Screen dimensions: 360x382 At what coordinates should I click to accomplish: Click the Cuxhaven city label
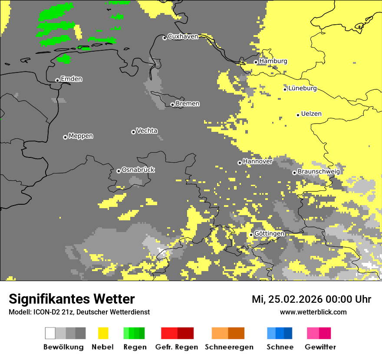[183, 36]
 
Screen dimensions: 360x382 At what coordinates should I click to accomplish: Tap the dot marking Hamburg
[256, 62]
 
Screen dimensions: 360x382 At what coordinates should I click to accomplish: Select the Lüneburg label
[302, 88]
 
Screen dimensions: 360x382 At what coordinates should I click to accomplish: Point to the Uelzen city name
[311, 114]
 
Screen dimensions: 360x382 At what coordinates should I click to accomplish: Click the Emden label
[71, 79]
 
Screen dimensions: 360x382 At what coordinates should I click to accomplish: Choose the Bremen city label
[188, 104]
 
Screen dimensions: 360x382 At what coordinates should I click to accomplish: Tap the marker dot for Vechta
[133, 132]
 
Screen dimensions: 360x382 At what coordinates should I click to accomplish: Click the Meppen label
[81, 136]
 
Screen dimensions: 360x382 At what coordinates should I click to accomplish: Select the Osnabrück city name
[138, 170]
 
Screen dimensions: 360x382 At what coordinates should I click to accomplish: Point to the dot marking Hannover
[240, 163]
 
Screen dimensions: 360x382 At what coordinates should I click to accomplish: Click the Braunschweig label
[319, 172]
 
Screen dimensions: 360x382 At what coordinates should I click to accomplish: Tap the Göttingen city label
[269, 234]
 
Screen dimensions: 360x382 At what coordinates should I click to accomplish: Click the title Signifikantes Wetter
[72, 299]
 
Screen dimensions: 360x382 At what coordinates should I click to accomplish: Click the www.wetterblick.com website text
[313, 312]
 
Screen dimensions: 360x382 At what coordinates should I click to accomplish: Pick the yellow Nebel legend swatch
[103, 333]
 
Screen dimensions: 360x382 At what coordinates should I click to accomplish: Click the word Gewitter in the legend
[320, 347]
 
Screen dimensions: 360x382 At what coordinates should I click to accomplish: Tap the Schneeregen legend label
[229, 347]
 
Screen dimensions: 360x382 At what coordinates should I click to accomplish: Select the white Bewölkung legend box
[50, 333]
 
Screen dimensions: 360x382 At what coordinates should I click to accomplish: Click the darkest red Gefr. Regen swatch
[185, 333]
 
